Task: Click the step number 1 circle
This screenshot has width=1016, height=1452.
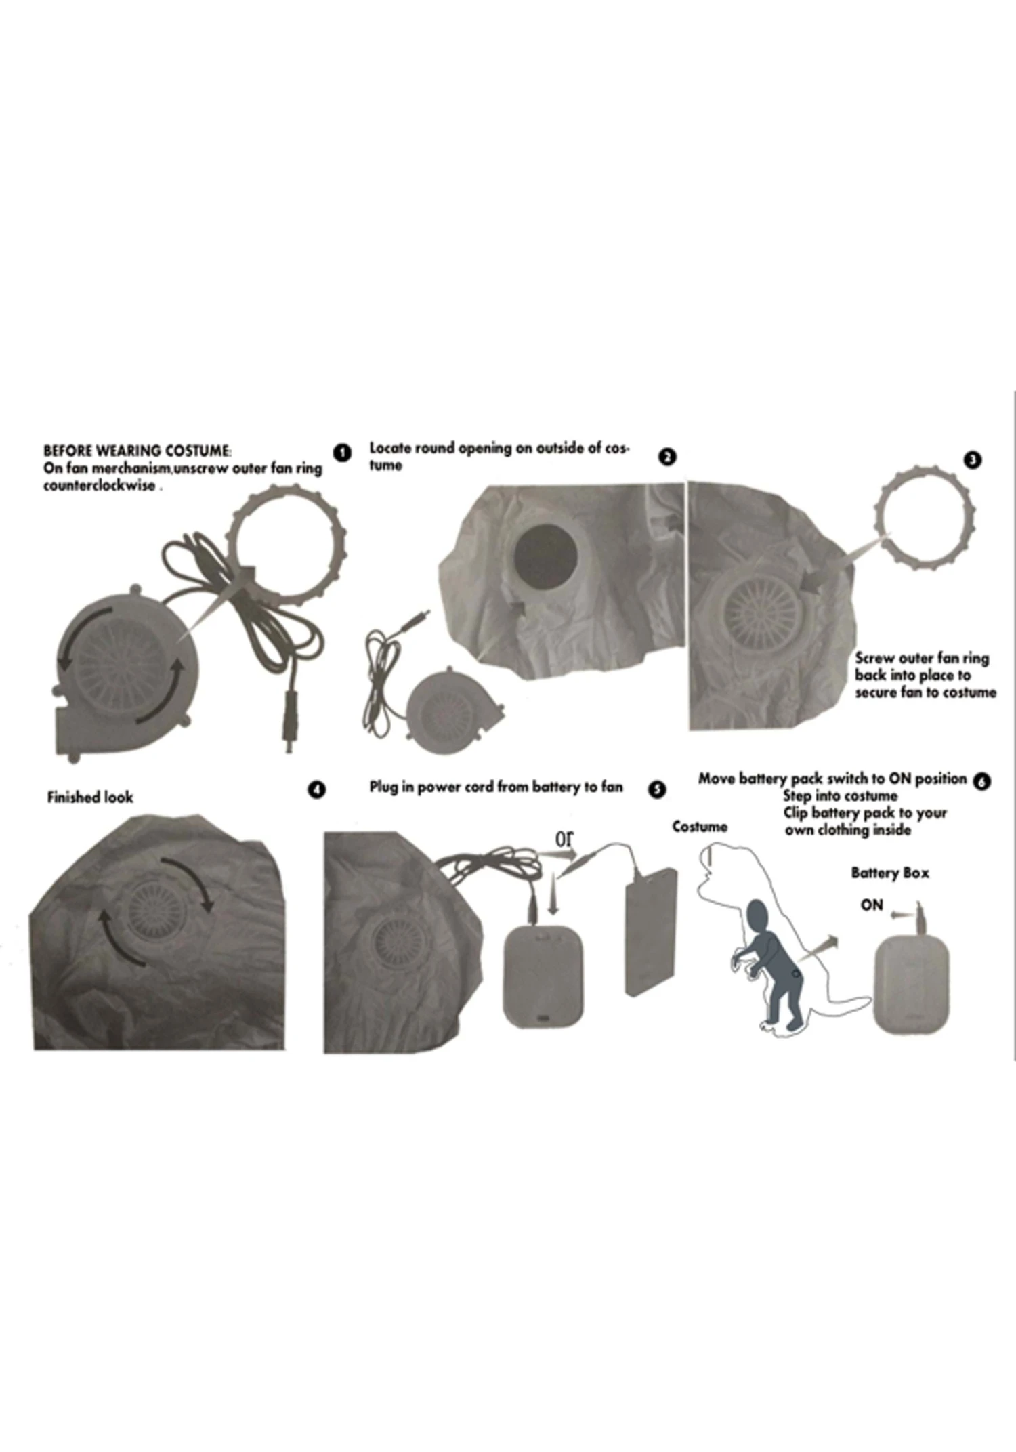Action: point(343,453)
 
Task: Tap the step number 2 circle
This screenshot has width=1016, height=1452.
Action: point(667,457)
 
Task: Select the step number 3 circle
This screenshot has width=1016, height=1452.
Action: point(972,460)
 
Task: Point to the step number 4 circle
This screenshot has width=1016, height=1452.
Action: point(316,790)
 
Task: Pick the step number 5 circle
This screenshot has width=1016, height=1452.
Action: point(656,789)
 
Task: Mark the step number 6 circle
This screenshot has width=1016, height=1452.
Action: point(981,781)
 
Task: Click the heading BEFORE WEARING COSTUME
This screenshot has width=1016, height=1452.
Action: point(137,451)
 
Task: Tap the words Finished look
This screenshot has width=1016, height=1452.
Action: point(90,797)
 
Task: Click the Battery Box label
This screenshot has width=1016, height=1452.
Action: point(889,873)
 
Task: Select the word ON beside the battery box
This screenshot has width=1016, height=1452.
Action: point(872,905)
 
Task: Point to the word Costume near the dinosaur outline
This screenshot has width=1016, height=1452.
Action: point(700,827)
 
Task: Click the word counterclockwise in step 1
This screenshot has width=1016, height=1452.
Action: point(100,486)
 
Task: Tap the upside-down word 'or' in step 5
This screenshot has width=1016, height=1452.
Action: point(564,839)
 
